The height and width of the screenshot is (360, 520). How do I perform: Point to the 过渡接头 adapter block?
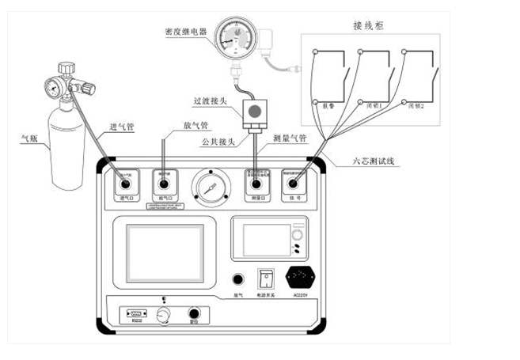pos(254,111)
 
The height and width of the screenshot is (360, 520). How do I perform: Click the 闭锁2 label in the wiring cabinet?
pos(417,105)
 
